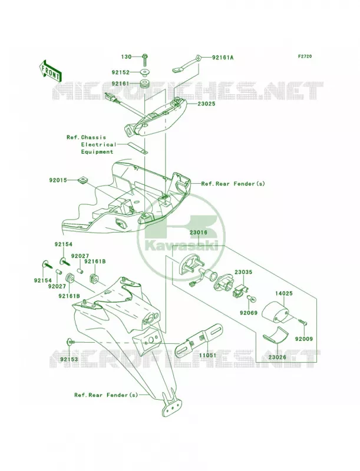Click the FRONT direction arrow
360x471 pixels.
tap(51, 71)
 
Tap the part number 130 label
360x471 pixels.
tap(127, 57)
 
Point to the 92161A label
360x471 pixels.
tap(223, 57)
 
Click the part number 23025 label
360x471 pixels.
tap(206, 104)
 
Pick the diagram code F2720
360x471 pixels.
tap(305, 56)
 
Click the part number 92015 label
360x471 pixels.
tap(58, 181)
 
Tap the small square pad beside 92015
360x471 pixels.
tap(82, 180)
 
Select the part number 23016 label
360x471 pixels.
tap(198, 232)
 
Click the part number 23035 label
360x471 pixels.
tap(243, 272)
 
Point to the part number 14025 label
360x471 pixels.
tap(284, 293)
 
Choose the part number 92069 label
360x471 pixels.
tap(249, 313)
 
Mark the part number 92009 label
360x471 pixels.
tap(304, 339)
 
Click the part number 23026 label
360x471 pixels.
tap(278, 357)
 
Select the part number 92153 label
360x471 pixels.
tap(69, 359)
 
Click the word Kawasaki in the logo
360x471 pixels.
tap(181, 246)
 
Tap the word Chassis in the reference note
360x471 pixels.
tap(94, 137)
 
